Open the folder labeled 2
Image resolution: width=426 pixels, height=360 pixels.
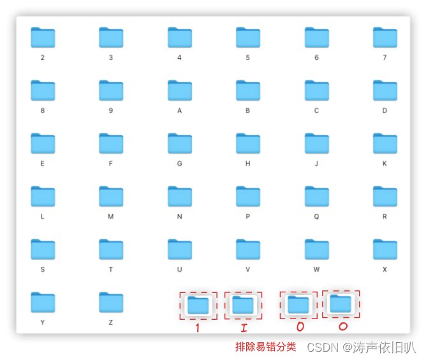(43, 38)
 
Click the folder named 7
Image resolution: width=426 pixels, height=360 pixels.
(385, 38)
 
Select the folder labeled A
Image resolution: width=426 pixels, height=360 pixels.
(179, 91)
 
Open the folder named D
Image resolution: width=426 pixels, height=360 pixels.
(385, 91)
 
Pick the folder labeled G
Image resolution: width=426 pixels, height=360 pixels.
(179, 144)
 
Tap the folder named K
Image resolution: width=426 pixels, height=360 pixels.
(385, 144)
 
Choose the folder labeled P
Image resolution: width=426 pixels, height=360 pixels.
(247, 197)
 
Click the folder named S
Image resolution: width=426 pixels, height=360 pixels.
(43, 250)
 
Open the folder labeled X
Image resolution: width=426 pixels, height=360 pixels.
(385, 250)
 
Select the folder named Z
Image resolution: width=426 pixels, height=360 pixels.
(111, 303)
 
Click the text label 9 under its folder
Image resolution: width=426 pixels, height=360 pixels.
(111, 110)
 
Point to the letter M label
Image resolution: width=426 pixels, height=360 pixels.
(111, 216)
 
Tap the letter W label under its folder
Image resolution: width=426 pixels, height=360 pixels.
(316, 269)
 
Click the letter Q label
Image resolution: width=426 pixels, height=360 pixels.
(316, 216)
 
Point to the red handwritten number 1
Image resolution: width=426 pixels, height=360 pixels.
(197, 328)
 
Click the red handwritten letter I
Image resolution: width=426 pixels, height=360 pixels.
(243, 328)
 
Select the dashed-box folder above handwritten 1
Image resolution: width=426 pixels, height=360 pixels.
(198, 306)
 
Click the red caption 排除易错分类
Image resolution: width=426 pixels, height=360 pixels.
(265, 347)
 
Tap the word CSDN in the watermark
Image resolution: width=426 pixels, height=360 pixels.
(323, 348)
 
